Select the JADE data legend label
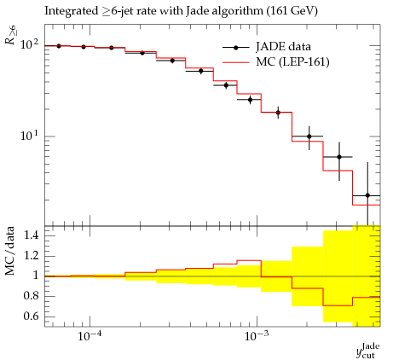point(283,47)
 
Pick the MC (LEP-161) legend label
point(292,61)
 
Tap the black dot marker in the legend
point(235,48)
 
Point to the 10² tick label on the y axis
point(30,44)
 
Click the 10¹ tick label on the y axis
point(30,136)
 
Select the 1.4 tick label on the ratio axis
point(31,235)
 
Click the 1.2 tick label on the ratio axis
point(31,255)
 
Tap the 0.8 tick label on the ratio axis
point(31,296)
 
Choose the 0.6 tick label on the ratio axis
point(31,316)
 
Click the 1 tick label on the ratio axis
point(35,276)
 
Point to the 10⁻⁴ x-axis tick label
point(90,336)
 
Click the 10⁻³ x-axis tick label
point(257,336)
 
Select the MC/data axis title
point(9,251)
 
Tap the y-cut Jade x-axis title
point(368,351)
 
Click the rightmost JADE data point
point(367,195)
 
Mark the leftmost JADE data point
point(59,46)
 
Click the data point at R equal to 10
point(309,136)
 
